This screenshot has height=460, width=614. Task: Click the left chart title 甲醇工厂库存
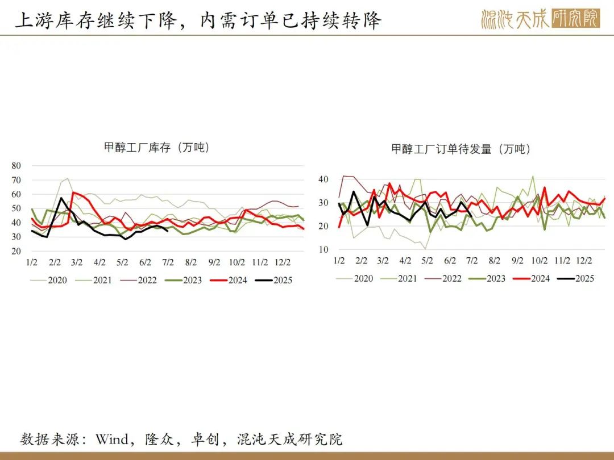[x=137, y=148]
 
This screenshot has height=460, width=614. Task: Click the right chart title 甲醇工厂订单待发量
[x=441, y=149]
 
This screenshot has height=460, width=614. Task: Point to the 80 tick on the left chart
[x=16, y=165]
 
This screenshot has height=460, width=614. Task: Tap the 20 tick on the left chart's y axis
[x=16, y=251]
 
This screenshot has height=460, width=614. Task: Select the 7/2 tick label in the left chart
[x=168, y=262]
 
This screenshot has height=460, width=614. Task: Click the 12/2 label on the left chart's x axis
[x=283, y=262]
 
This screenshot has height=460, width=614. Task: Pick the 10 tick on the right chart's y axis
[x=323, y=249]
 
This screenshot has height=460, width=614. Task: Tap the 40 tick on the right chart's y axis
[x=323, y=179]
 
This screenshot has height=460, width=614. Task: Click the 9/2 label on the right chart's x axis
[x=517, y=261]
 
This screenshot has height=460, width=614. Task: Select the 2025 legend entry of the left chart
[x=273, y=280]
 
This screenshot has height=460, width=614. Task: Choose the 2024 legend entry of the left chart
[x=229, y=280]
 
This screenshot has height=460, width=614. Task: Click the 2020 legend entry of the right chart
[x=354, y=278]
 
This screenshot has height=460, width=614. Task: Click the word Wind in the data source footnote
[x=112, y=439]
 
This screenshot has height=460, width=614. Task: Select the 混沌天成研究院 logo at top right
[x=541, y=18]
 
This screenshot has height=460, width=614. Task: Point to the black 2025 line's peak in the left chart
[x=61, y=198]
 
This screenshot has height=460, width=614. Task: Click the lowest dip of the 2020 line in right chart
[x=425, y=248]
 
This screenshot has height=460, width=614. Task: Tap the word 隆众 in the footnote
[x=159, y=439]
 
